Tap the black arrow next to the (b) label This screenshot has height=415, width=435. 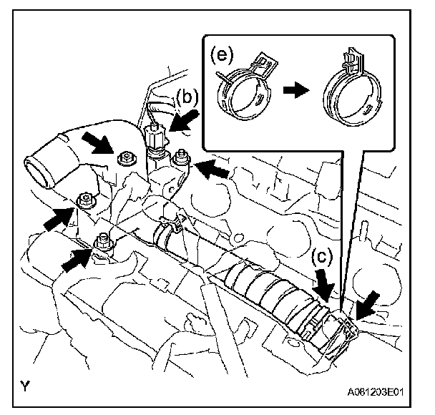tap(184, 121)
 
